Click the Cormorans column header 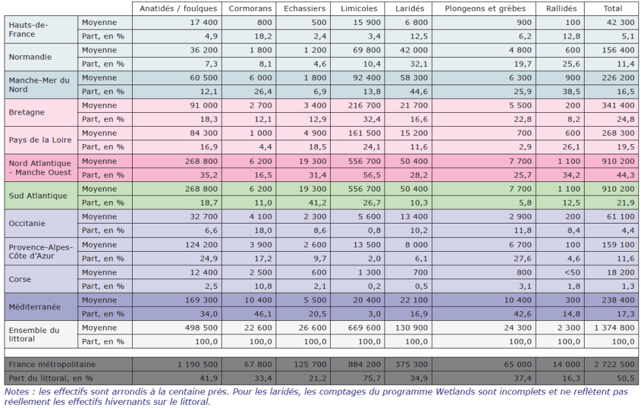tap(251, 8)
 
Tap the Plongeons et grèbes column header tap(485, 8)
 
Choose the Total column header tap(612, 8)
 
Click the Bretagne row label tap(27, 112)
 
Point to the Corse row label tap(21, 279)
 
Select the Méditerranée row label tap(35, 307)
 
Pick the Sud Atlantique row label tap(38, 195)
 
